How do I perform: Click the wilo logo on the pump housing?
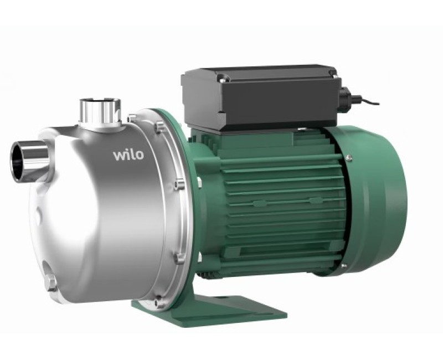pyautogui.click(x=128, y=153)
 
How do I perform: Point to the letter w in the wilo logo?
pyautogui.click(x=119, y=155)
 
